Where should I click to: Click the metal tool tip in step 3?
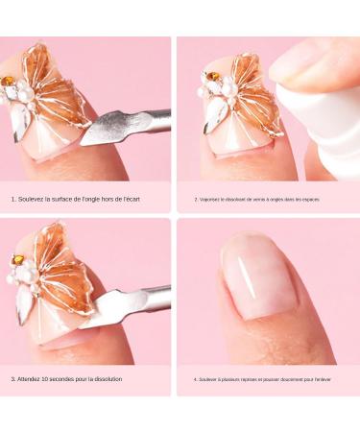(x=102, y=306)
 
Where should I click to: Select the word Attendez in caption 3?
(x=34, y=379)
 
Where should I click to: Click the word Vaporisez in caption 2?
(x=208, y=200)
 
